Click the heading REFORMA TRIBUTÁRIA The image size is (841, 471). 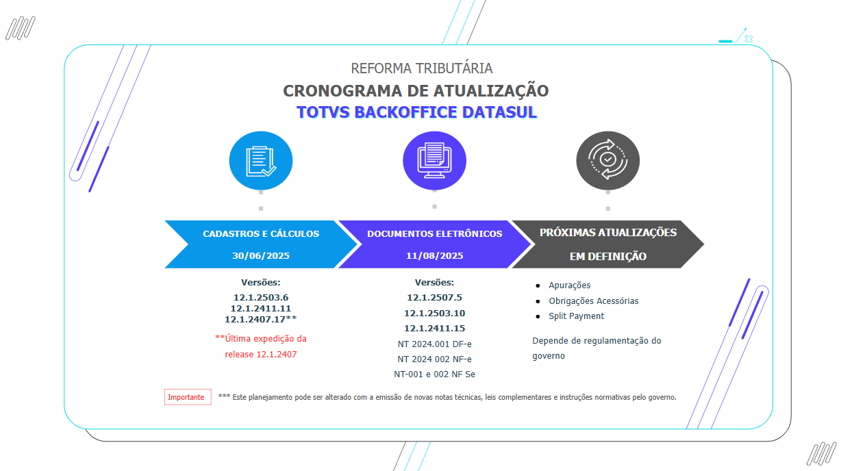click(x=421, y=68)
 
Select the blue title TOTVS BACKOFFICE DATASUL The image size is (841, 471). click(x=416, y=112)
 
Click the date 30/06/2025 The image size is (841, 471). click(x=261, y=255)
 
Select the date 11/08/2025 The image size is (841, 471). click(x=434, y=255)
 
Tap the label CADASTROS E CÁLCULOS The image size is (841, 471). click(x=261, y=233)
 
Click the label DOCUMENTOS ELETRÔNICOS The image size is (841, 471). click(x=434, y=233)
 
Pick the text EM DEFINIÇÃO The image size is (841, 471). click(x=607, y=257)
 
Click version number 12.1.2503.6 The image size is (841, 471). click(x=261, y=298)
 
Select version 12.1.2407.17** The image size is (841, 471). click(x=261, y=319)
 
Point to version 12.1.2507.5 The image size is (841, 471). click(x=434, y=298)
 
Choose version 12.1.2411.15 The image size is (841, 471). click(x=434, y=329)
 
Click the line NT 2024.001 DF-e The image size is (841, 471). click(x=434, y=344)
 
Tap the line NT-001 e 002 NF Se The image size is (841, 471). click(x=434, y=374)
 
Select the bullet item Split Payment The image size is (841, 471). click(x=576, y=316)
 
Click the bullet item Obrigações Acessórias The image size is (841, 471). click(x=593, y=301)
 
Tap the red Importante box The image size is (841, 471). click(x=187, y=397)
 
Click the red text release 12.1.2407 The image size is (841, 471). click(x=261, y=355)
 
